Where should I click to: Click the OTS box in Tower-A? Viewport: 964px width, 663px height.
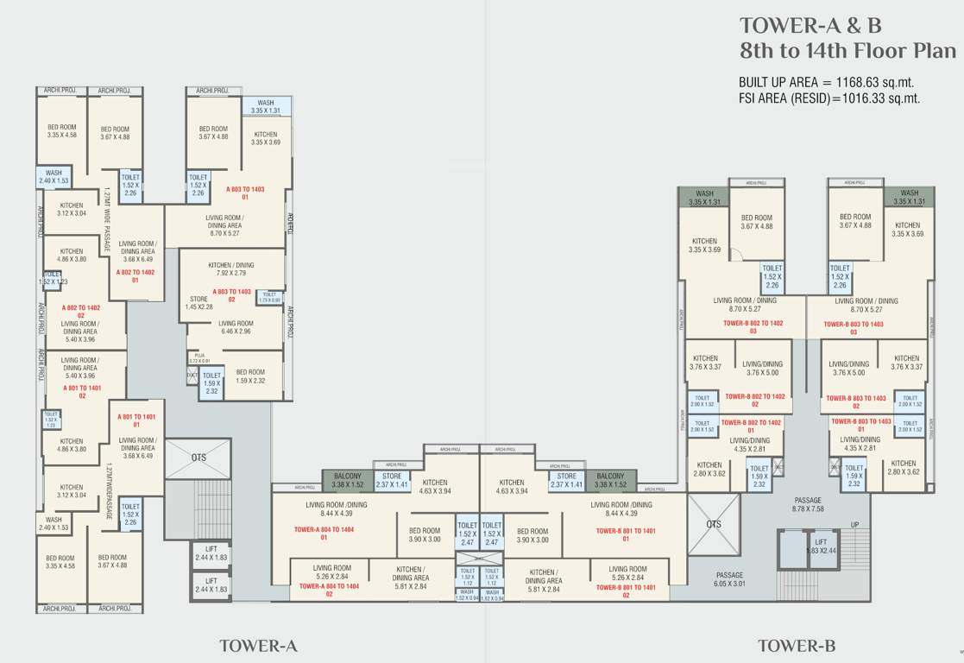(198, 458)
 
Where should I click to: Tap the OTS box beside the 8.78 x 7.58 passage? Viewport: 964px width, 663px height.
(713, 523)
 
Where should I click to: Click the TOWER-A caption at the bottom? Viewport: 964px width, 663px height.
(258, 645)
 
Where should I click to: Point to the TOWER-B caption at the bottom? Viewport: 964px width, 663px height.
(797, 645)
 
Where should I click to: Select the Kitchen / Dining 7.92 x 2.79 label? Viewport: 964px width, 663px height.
(232, 268)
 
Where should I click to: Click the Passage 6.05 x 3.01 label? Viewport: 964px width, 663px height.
(728, 579)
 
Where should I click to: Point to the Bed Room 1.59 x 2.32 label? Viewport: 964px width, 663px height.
(250, 376)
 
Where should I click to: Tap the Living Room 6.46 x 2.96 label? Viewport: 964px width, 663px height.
(235, 326)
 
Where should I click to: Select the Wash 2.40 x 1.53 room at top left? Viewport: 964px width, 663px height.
(53, 177)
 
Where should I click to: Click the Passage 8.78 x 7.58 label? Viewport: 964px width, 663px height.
(808, 504)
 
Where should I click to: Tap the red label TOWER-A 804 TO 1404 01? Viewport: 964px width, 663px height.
(324, 532)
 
